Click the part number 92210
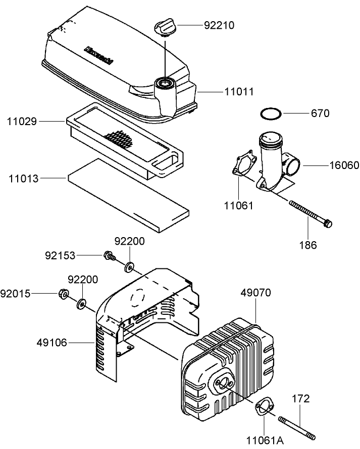pyautogui.click(x=219, y=25)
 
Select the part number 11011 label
pyautogui.click(x=239, y=92)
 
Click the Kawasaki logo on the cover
pyautogui.click(x=99, y=55)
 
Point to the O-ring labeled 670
pyautogui.click(x=271, y=114)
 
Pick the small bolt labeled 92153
pyautogui.click(x=108, y=256)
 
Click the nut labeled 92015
pyautogui.click(x=63, y=294)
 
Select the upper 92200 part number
pyautogui.click(x=129, y=242)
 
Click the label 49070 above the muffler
pyautogui.click(x=255, y=293)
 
